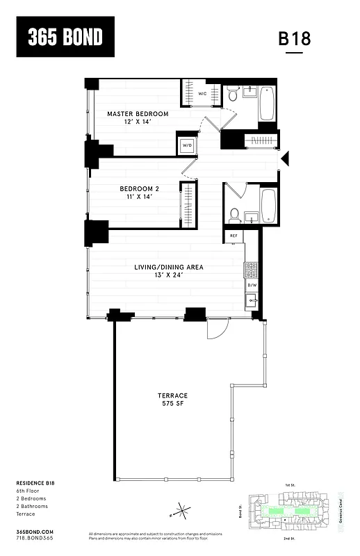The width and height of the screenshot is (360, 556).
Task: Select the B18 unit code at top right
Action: click(x=295, y=39)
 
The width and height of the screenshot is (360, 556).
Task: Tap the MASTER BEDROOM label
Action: click(x=138, y=113)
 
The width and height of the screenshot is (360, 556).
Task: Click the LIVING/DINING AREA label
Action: click(x=169, y=266)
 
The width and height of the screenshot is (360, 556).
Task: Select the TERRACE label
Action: click(x=172, y=395)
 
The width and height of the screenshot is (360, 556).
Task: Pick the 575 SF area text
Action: click(x=172, y=404)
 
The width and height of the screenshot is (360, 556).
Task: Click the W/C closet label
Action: click(x=202, y=93)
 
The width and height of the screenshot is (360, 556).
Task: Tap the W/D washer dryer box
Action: click(x=187, y=146)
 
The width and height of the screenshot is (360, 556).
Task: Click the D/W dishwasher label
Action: click(x=252, y=284)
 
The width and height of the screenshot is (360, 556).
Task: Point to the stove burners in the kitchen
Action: click(x=251, y=269)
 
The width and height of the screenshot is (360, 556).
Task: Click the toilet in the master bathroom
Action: click(x=233, y=91)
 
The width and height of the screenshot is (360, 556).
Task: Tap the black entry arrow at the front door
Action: click(x=284, y=160)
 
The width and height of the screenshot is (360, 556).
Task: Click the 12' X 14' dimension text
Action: click(x=138, y=122)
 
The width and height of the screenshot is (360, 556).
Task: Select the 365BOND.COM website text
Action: click(x=33, y=530)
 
